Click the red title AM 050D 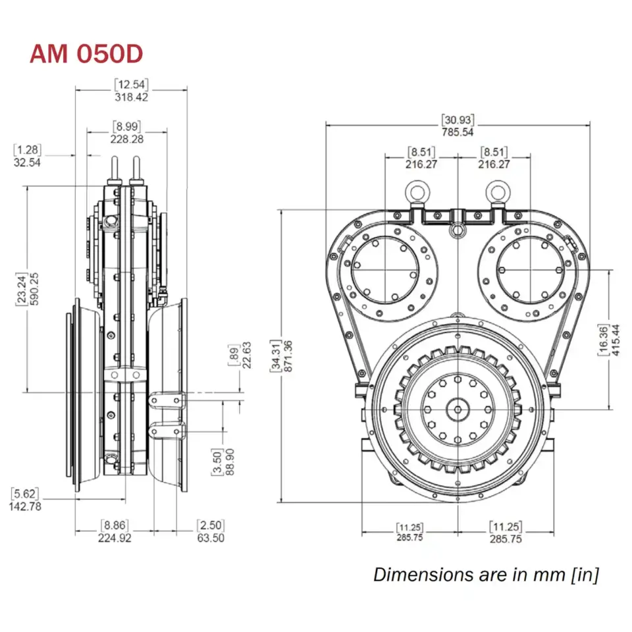[x=86, y=55]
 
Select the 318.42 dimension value [x=131, y=97]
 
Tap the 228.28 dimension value [x=127, y=138]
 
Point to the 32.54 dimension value [x=27, y=161]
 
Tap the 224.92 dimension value [x=114, y=537]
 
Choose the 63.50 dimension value [x=211, y=537]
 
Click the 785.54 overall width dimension [x=458, y=132]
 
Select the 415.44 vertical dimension [x=616, y=340]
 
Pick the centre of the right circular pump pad [x=531, y=271]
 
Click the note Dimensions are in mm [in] [x=486, y=574]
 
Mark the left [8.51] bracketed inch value [x=421, y=152]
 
